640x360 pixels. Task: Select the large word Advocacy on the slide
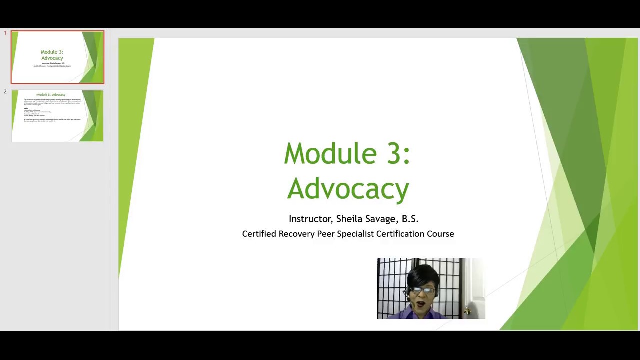[348, 189]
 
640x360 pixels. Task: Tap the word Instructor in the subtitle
[310, 219]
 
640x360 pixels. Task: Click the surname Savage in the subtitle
[382, 219]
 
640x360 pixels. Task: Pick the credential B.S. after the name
[410, 219]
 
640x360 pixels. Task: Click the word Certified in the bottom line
[259, 234]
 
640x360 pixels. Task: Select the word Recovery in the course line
[296, 234]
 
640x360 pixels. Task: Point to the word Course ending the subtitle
[440, 234]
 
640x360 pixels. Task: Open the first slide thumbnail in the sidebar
[57, 57]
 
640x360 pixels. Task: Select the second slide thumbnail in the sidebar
[57, 116]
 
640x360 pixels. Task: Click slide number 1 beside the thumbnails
[5, 33]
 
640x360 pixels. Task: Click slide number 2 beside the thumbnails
[5, 92]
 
